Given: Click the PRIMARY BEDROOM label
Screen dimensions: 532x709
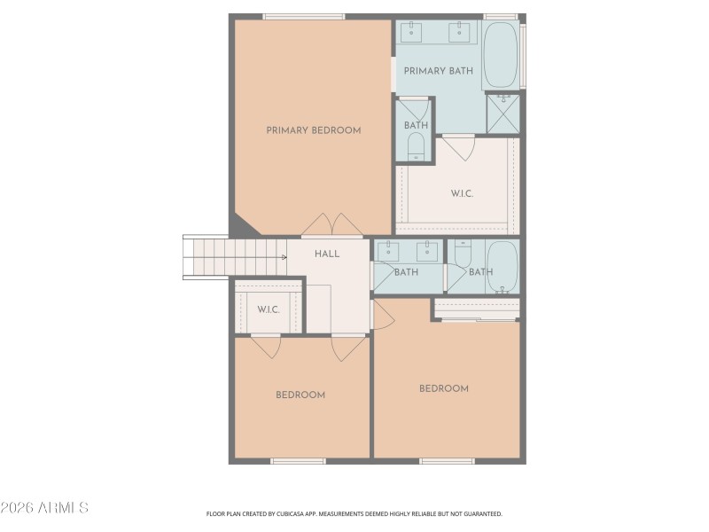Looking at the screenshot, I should pos(314,130).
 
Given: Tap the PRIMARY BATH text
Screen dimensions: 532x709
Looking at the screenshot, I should pos(438,71).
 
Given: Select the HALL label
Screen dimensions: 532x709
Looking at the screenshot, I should pos(327,254).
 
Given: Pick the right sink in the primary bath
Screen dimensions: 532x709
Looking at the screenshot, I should pos(459,33).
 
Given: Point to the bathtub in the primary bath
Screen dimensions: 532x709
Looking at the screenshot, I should pos(501,55).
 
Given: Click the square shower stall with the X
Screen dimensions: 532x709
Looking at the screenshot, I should pos(503,114).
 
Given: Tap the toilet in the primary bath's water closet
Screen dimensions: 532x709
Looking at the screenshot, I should pos(416,148).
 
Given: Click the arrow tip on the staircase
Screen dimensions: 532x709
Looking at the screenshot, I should pos(284,257).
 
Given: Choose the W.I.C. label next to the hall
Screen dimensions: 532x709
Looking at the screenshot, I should pos(269,309).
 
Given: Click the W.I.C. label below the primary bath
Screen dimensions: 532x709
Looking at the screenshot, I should pos(462,192).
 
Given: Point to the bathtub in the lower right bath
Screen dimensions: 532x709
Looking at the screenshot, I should pos(503,266).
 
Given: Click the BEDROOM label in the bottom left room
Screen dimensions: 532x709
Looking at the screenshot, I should pos(300,395).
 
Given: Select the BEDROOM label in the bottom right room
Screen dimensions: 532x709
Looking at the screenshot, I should pos(444,388).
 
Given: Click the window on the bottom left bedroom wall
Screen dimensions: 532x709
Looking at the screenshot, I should pos(298,461).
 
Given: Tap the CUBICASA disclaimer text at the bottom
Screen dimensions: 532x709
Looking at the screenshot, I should pos(354,513).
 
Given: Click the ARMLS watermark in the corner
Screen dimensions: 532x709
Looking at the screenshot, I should pos(44,508).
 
